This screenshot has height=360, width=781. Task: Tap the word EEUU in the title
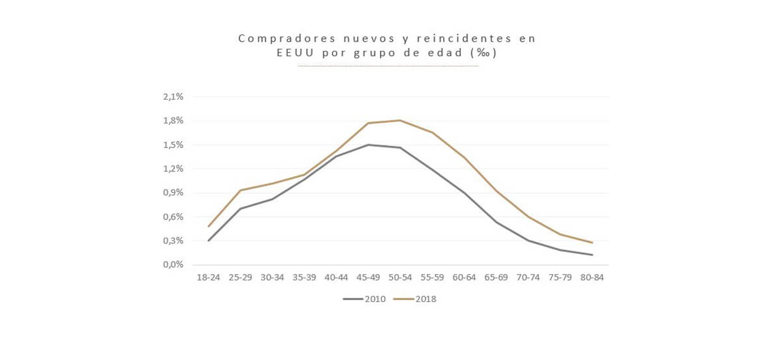point(297,53)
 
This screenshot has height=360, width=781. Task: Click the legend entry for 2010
point(364,299)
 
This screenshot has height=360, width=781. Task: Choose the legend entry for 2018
point(415,299)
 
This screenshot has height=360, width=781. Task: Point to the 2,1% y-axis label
point(173,96)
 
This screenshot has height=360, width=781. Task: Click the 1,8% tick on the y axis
point(173,120)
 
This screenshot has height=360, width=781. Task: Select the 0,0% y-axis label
point(173,265)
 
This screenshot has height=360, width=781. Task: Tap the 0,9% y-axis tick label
point(173,193)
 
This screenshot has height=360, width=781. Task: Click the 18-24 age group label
point(208,277)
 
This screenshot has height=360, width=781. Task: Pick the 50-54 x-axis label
point(400,277)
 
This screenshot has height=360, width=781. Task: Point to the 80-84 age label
point(592,277)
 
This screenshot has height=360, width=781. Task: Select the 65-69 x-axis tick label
point(497,277)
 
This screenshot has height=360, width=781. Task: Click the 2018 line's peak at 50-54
point(400,120)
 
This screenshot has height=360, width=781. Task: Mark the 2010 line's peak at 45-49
point(368,145)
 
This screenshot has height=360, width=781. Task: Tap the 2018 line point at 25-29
point(240,190)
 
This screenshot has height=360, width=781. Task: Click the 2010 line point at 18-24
point(208,241)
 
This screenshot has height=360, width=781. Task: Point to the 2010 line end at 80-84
point(592,255)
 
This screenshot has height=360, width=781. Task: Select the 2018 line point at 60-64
point(465,158)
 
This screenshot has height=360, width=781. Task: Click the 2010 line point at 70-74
point(528,241)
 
